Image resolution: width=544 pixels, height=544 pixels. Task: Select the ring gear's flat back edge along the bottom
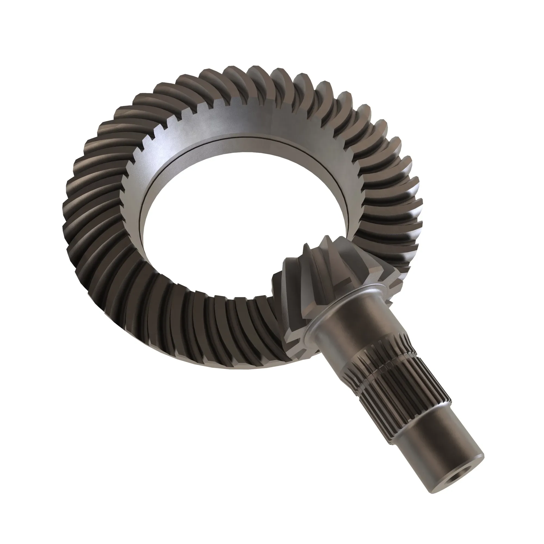point(225,365)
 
